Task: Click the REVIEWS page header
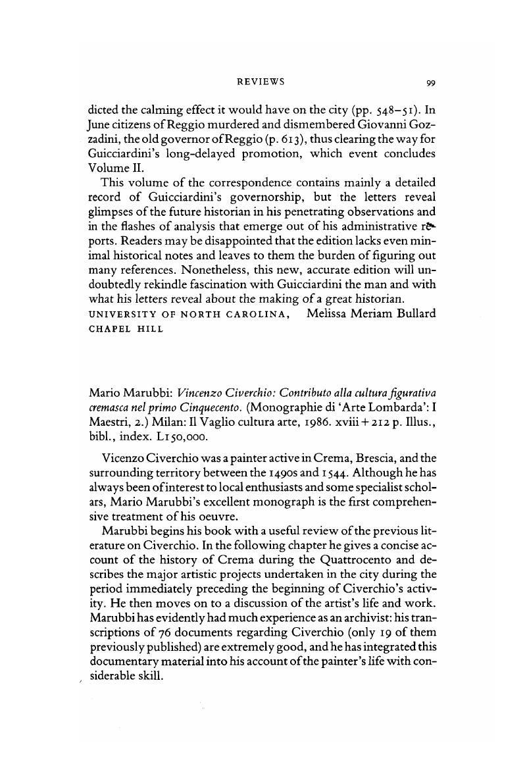click(261, 82)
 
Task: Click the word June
click(101, 123)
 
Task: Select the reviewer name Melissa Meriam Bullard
click(371, 313)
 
